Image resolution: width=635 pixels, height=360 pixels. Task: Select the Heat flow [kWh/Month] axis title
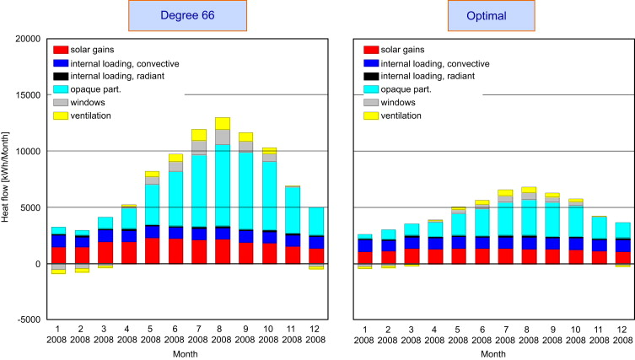(6, 179)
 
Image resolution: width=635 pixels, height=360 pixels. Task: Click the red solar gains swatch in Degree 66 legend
(61, 50)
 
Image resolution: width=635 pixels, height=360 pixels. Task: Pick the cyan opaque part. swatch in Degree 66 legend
(61, 89)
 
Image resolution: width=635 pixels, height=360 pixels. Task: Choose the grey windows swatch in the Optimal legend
(370, 101)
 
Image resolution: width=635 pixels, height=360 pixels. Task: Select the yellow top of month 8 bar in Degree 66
(223, 123)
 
